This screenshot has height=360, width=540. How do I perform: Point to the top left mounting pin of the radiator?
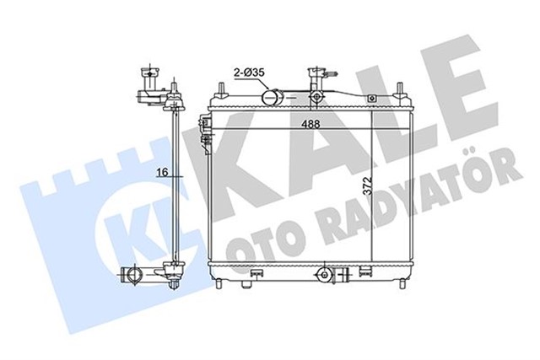click(x=221, y=89)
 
